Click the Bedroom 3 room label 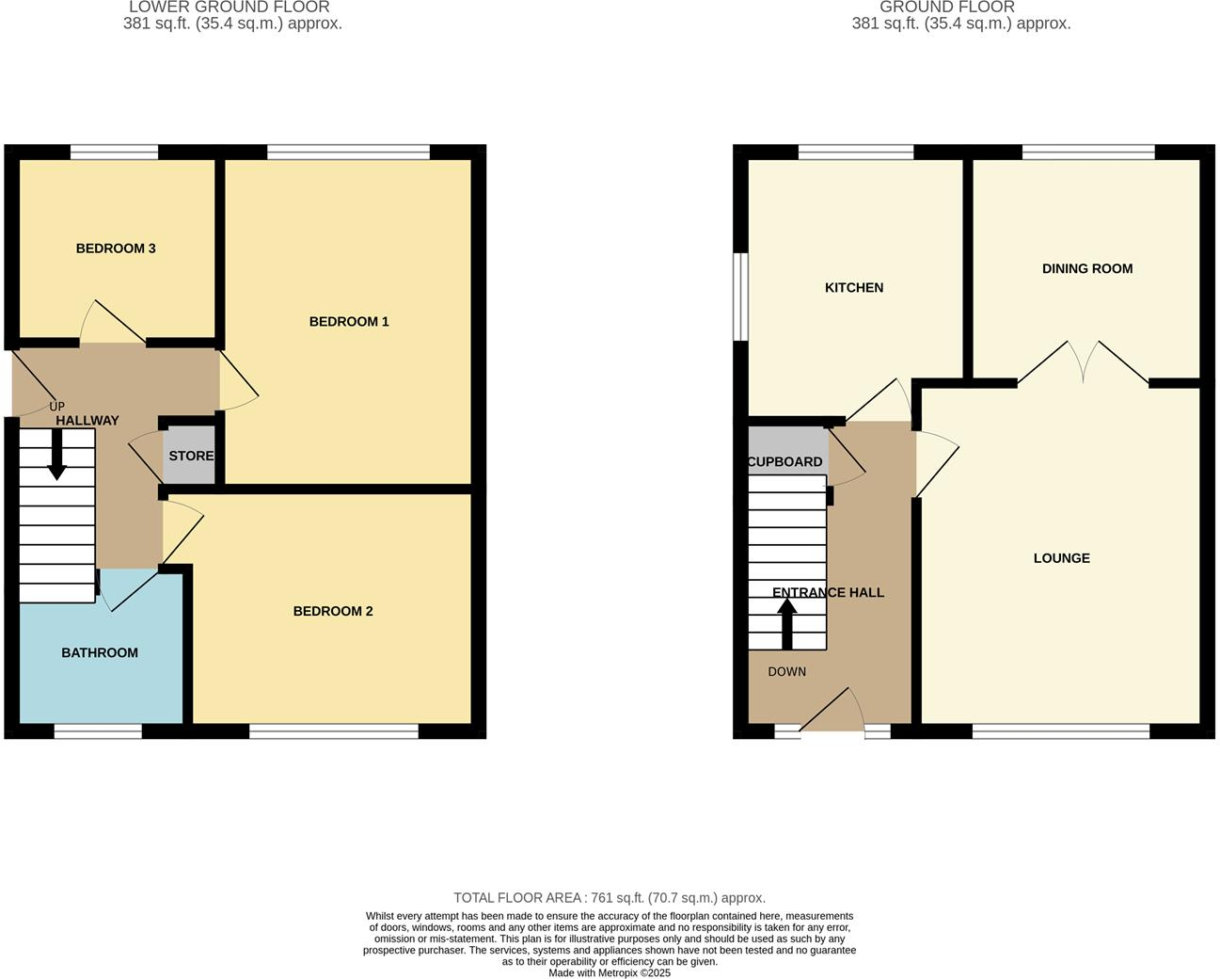116,249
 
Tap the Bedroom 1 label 349,322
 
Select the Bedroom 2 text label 333,612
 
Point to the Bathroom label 100,653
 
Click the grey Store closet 191,457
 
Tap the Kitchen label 854,288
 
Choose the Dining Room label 1087,269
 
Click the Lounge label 1062,558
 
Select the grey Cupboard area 786,448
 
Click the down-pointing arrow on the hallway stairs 57,456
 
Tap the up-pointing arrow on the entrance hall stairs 787,623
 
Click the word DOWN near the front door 787,672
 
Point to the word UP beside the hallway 56,407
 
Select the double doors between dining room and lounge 1083,363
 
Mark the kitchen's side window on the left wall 741,296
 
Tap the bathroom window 98,731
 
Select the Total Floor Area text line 610,898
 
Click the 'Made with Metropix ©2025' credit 610,973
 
